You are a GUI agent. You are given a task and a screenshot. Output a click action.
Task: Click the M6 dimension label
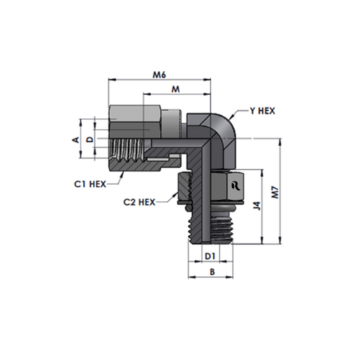tap(160, 75)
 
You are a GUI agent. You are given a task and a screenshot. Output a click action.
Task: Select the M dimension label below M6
tap(176, 89)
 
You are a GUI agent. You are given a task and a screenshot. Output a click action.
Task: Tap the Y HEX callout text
tap(262, 111)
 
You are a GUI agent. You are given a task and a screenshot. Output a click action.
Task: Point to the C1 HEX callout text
tap(90, 184)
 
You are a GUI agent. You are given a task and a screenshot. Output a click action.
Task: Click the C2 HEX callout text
tap(139, 202)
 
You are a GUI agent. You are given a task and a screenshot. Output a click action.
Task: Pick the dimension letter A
tap(76, 140)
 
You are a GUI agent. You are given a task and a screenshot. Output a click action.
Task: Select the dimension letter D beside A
tap(90, 140)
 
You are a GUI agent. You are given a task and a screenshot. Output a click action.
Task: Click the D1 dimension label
tap(210, 256)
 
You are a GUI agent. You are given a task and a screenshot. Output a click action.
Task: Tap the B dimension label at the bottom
tap(212, 272)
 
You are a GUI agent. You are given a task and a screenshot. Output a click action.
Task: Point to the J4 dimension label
tap(257, 207)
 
